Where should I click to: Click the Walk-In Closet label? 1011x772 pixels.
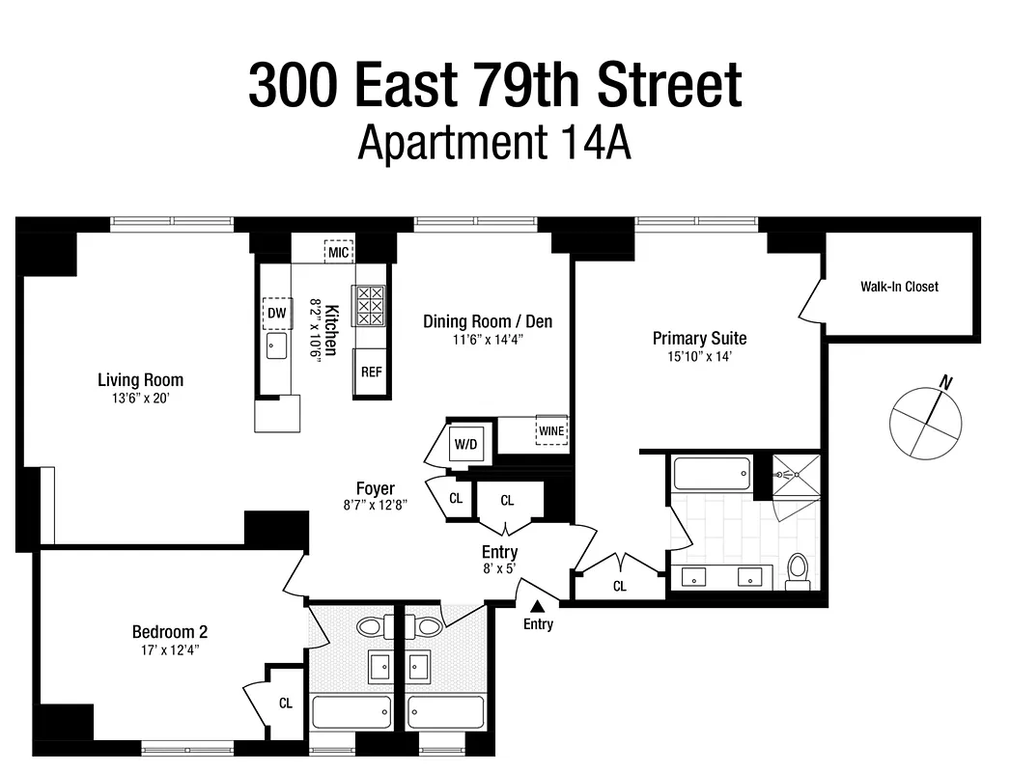[x=899, y=287]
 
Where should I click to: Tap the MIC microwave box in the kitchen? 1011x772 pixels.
[x=338, y=253]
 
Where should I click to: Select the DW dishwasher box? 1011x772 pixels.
[x=277, y=313]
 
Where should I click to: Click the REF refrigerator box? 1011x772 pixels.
[x=371, y=372]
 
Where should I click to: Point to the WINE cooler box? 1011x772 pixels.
[x=551, y=430]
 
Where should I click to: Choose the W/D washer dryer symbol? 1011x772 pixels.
[x=465, y=444]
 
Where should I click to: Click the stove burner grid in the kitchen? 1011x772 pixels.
[x=370, y=305]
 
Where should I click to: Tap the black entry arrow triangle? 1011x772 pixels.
[x=538, y=604]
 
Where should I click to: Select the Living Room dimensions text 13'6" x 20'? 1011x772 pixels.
[x=140, y=398]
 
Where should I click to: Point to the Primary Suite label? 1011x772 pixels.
[x=699, y=338]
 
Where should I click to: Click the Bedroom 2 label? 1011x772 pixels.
[x=170, y=632]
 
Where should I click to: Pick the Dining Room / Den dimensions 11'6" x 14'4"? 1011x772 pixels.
[x=488, y=339]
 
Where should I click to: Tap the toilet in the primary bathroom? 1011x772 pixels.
[x=798, y=569]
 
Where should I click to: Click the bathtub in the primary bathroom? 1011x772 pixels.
[x=711, y=474]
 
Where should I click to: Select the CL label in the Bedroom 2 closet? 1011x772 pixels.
[x=286, y=703]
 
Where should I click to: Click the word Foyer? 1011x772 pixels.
[x=375, y=488]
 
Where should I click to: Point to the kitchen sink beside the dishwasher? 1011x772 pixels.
[x=277, y=345]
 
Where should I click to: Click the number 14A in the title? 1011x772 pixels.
[x=594, y=144]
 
